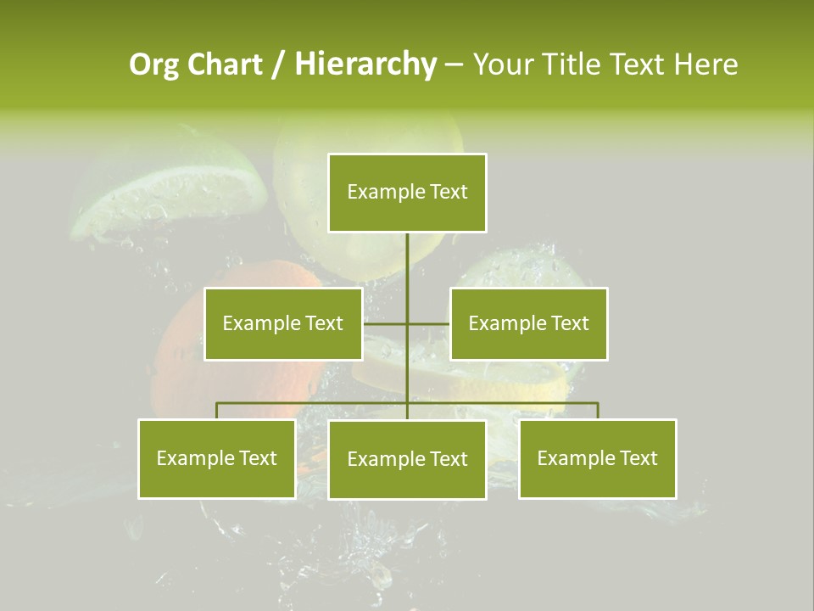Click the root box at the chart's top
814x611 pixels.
pos(407,193)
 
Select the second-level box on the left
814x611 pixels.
pos(283,323)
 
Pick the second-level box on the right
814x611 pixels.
pos(528,323)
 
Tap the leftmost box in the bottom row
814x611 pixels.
pos(216,458)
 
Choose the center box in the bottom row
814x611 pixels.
pos(407,459)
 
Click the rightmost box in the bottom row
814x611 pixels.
pos(597,458)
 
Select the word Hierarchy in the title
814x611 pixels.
pos(365,64)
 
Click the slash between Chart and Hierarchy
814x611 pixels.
pos(278,65)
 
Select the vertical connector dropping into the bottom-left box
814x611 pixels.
pos(216,411)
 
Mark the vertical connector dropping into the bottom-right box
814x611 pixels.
pos(597,411)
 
